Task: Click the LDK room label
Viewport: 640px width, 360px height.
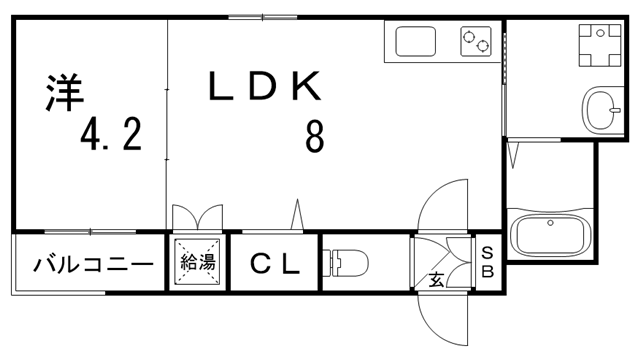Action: (x=265, y=87)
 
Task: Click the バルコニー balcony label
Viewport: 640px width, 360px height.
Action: (x=92, y=264)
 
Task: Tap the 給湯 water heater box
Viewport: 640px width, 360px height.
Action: (x=197, y=263)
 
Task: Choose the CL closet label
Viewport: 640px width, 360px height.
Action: (x=274, y=264)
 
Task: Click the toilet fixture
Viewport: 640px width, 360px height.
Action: (x=346, y=264)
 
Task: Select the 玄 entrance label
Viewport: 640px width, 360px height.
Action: (x=438, y=279)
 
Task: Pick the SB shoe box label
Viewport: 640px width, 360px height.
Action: (x=488, y=262)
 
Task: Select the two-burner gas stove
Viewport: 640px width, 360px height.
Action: (x=476, y=42)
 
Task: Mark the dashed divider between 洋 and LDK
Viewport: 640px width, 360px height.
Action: (x=167, y=120)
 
